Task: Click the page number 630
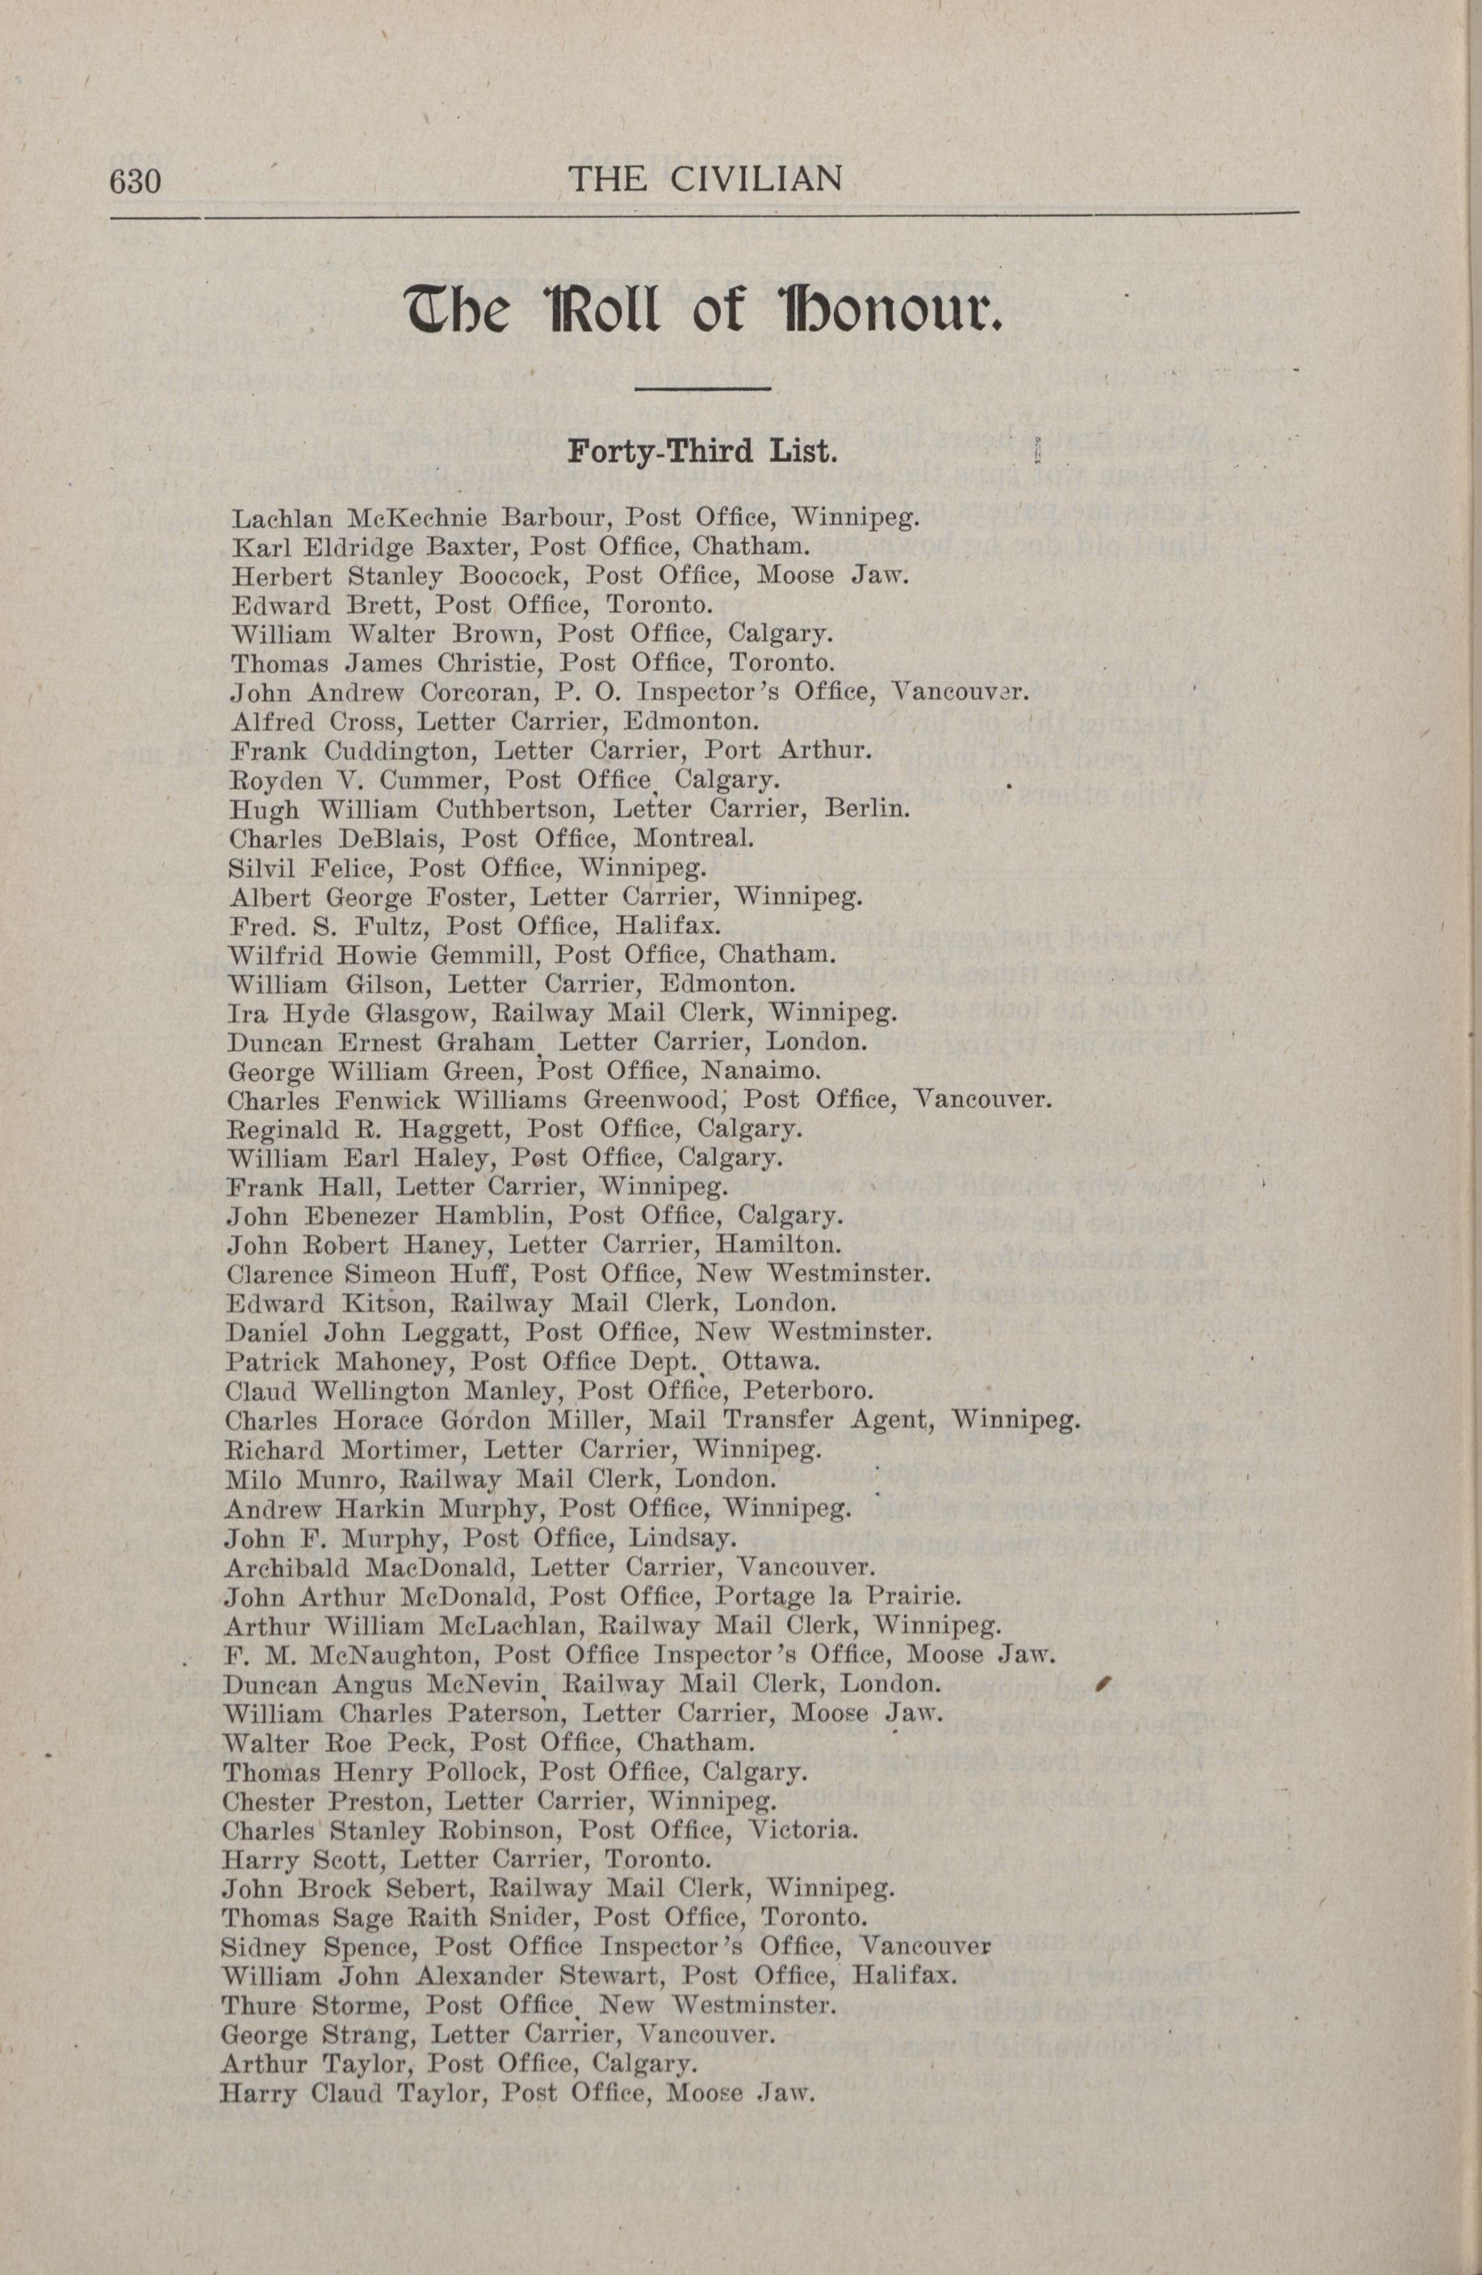pyautogui.click(x=135, y=181)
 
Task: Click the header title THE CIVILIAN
pyautogui.click(x=705, y=179)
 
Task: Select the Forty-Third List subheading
pyautogui.click(x=703, y=450)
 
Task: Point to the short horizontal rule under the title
pyautogui.click(x=703, y=388)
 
